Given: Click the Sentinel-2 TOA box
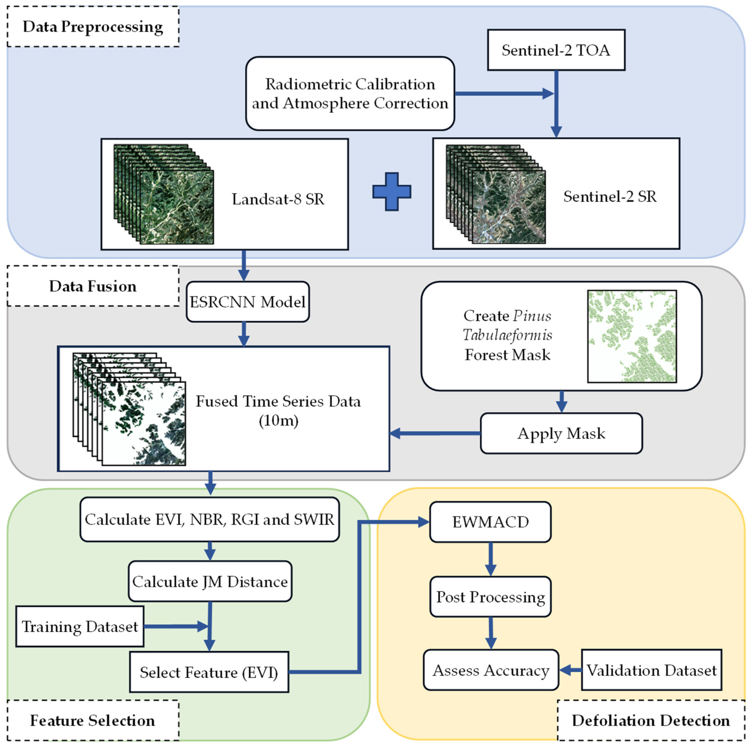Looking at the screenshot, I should pyautogui.click(x=556, y=50).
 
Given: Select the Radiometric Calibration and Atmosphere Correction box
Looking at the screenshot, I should pyautogui.click(x=350, y=93).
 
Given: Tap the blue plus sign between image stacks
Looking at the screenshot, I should pyautogui.click(x=392, y=192).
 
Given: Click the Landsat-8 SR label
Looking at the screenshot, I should pyautogui.click(x=278, y=199).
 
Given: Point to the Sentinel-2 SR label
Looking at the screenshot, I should pyautogui.click(x=610, y=196).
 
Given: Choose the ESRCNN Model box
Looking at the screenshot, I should pyautogui.click(x=248, y=302).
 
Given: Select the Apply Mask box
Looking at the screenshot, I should pyautogui.click(x=561, y=433).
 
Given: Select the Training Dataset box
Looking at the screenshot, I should pyautogui.click(x=80, y=626).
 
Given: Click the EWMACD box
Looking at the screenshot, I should pyautogui.click(x=490, y=522).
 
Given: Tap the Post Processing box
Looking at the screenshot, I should pyautogui.click(x=490, y=597).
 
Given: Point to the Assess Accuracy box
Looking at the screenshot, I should pyautogui.click(x=491, y=670).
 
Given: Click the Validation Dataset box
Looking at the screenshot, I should pyautogui.click(x=651, y=670).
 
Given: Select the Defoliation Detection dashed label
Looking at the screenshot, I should pyautogui.click(x=650, y=721).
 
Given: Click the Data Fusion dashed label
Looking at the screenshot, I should pyautogui.click(x=93, y=286).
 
